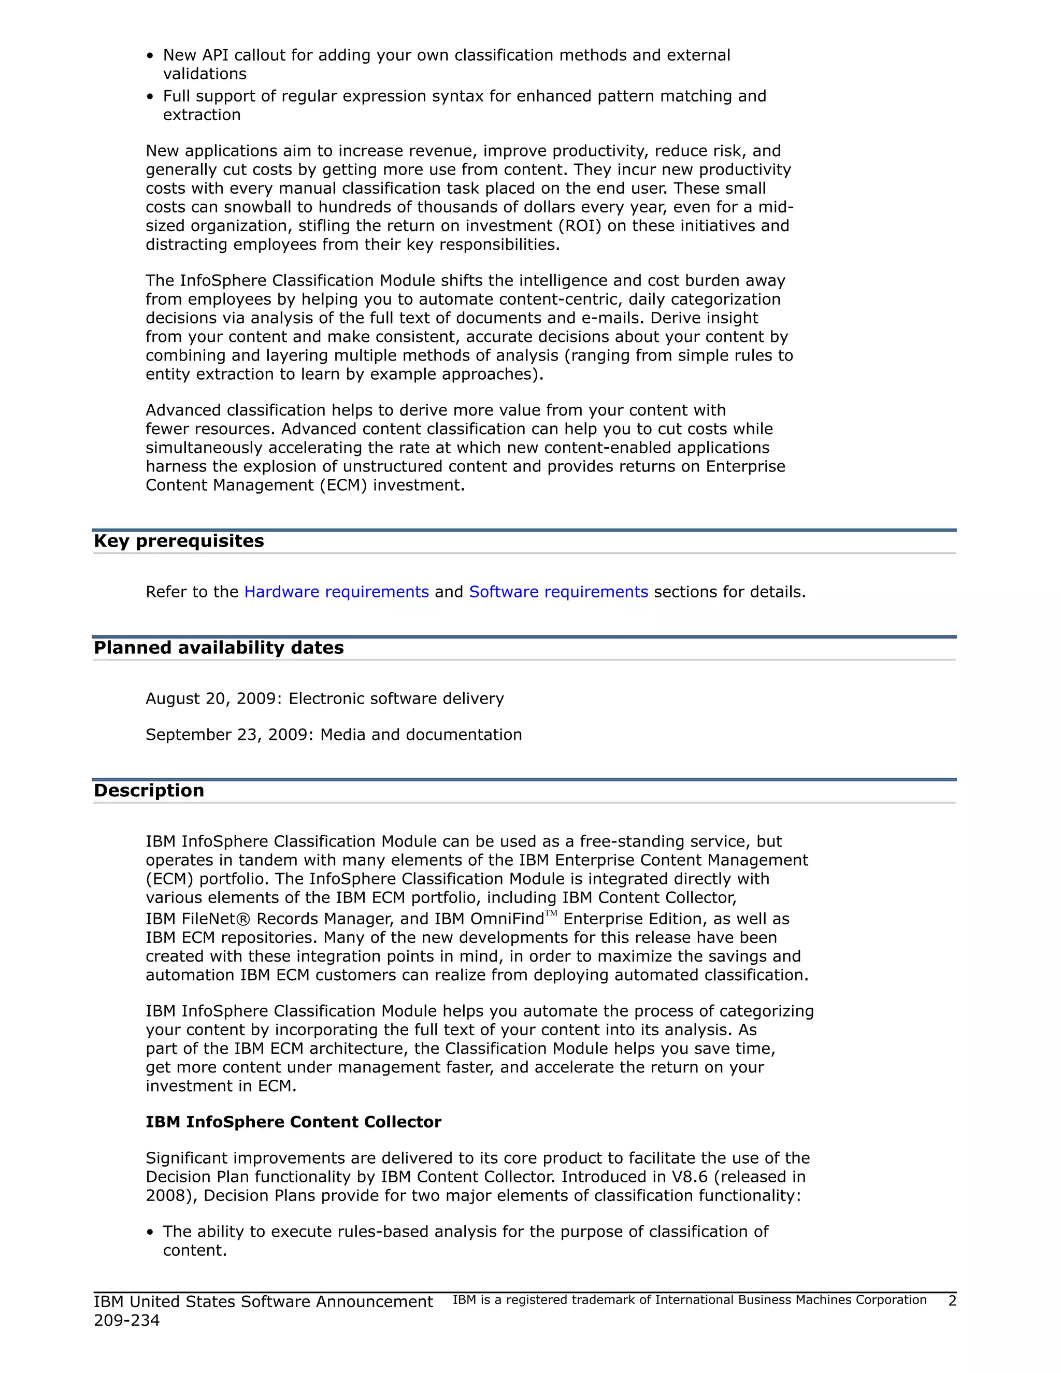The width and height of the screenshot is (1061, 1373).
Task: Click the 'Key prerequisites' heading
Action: click(179, 541)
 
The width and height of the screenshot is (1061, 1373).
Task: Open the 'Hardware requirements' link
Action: click(336, 592)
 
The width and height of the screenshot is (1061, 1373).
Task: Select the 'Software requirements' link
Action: click(558, 592)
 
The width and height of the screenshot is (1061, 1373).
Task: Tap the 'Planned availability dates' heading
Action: click(219, 648)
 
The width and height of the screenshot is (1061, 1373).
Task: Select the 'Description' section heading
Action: click(149, 791)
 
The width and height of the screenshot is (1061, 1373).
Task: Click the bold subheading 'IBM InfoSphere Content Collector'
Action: click(294, 1122)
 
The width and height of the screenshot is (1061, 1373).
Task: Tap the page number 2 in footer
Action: click(952, 1300)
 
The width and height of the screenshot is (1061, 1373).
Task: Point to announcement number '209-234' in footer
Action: click(127, 1320)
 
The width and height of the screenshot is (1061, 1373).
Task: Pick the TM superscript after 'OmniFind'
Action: click(551, 913)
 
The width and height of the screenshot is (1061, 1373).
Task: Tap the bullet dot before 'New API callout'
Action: click(150, 56)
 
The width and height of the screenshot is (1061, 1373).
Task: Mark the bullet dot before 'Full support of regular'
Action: click(150, 97)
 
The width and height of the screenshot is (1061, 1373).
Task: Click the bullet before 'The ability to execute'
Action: click(150, 1232)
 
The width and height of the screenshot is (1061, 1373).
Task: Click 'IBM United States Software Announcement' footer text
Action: click(263, 1302)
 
